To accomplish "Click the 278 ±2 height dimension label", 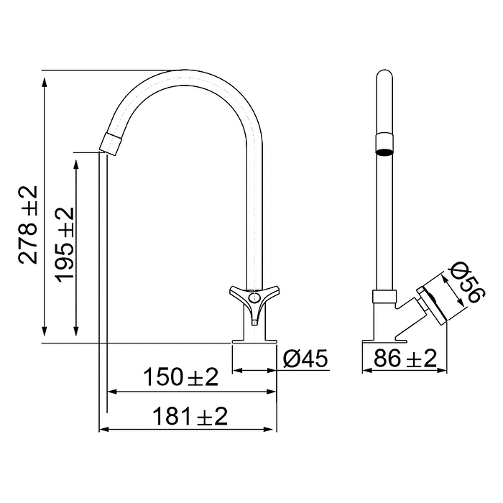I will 27,224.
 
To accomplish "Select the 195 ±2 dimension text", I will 65,244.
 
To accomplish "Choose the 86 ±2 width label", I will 405,357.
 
